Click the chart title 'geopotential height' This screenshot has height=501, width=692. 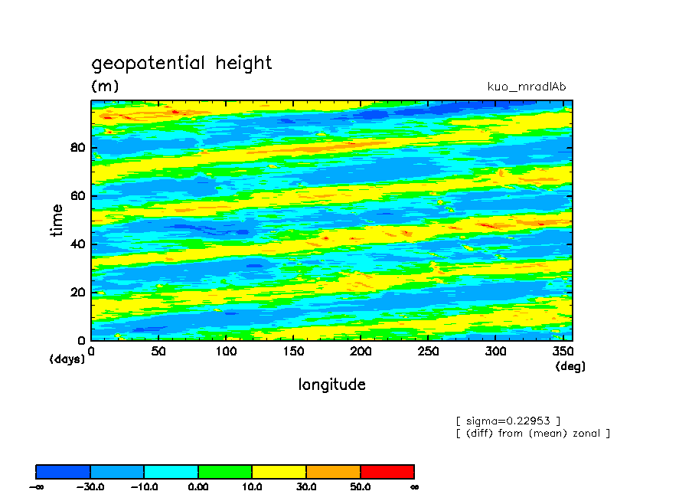pyautogui.click(x=181, y=63)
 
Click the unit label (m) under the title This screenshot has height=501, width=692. pyautogui.click(x=105, y=86)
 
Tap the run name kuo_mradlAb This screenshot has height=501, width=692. pyautogui.click(x=526, y=87)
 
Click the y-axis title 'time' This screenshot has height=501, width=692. pyautogui.click(x=57, y=221)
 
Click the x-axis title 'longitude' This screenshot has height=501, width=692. pyautogui.click(x=331, y=385)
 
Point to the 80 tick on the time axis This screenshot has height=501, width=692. pyautogui.click(x=77, y=148)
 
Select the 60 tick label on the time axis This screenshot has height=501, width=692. pyautogui.click(x=77, y=196)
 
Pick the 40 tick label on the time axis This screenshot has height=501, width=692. pyautogui.click(x=77, y=244)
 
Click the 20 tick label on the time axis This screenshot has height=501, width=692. pyautogui.click(x=77, y=293)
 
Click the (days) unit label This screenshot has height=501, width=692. pyautogui.click(x=67, y=359)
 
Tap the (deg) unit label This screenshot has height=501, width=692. pyautogui.click(x=570, y=367)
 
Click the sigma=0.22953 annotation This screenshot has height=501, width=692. pyautogui.click(x=508, y=421)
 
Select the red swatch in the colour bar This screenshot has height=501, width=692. pyautogui.click(x=387, y=471)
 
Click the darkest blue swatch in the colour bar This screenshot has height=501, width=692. pyautogui.click(x=64, y=471)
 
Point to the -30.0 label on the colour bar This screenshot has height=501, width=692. pyautogui.click(x=90, y=486)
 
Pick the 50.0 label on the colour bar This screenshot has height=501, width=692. pyautogui.click(x=360, y=486)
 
